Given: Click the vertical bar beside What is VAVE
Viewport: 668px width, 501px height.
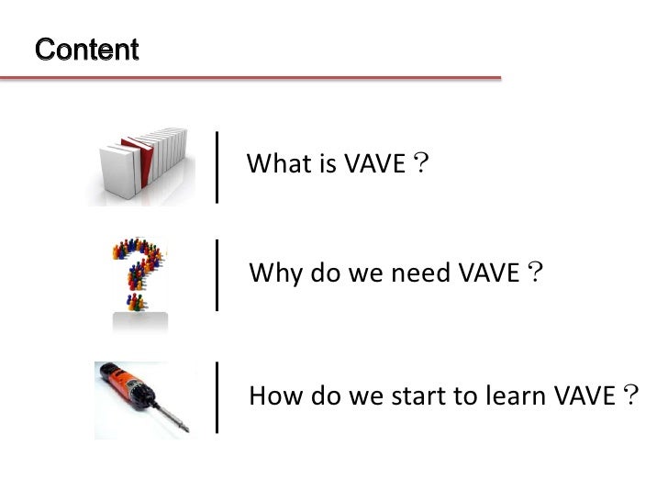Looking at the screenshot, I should click(217, 166).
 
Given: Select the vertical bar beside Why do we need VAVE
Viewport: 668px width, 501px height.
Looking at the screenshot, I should click(217, 274).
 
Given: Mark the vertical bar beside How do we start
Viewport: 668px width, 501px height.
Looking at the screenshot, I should click(217, 396).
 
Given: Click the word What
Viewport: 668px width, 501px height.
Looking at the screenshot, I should click(274, 165).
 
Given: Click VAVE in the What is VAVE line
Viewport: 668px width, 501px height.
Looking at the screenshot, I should click(373, 165).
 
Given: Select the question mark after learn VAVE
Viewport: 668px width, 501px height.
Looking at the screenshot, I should click(629, 395).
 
